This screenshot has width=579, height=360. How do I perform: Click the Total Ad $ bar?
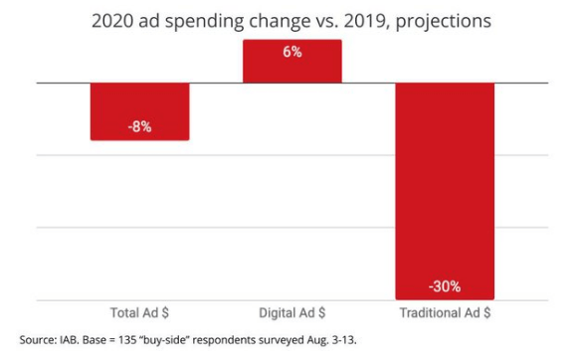pyautogui.click(x=140, y=111)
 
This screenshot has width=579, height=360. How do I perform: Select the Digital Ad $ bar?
pyautogui.click(x=292, y=62)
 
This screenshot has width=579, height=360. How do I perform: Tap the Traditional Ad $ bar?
pyautogui.click(x=445, y=191)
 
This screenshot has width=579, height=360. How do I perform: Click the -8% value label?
pyautogui.click(x=139, y=127)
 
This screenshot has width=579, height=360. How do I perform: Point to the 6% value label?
pyautogui.click(x=292, y=52)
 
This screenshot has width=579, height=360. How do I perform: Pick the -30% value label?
pyautogui.click(x=445, y=286)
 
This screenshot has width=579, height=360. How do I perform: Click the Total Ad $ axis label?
pyautogui.click(x=139, y=312)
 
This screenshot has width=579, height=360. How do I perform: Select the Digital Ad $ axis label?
pyautogui.click(x=292, y=312)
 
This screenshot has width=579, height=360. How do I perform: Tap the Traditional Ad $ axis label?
pyautogui.click(x=445, y=312)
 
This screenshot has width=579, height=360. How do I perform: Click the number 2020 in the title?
pyautogui.click(x=112, y=21)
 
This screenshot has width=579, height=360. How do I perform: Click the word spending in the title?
pyautogui.click(x=204, y=22)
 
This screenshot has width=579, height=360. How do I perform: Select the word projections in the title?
pyautogui.click(x=443, y=22)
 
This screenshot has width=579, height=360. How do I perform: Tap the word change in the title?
pyautogui.click(x=280, y=22)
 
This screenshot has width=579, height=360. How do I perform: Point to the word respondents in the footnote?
pyautogui.click(x=224, y=340)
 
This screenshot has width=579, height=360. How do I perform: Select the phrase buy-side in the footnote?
pyautogui.click(x=163, y=340)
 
